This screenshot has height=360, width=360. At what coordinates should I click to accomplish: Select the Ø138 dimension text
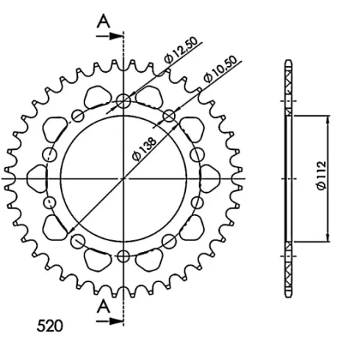(x=144, y=149)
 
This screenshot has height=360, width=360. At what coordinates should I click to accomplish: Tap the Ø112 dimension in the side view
(x=322, y=175)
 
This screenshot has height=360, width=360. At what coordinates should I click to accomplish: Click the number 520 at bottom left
(x=50, y=326)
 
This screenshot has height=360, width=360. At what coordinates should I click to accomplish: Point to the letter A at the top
(x=104, y=21)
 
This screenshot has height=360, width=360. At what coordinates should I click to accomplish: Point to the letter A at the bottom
(x=104, y=306)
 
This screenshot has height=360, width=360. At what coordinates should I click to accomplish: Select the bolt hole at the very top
(x=123, y=101)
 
